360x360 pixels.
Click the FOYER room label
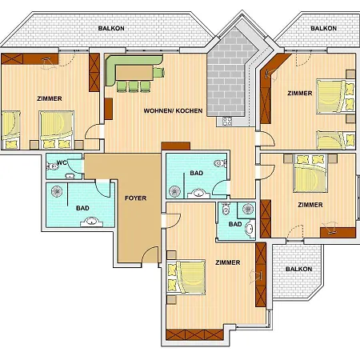[x=135, y=198]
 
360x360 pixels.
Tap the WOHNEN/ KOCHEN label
[x=173, y=110]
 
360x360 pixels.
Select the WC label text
[x=62, y=162]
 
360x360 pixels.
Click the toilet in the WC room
[x=52, y=166]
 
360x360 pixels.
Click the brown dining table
[x=134, y=73]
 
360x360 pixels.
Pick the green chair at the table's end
[x=158, y=73]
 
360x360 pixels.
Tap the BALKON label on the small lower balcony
[x=298, y=269]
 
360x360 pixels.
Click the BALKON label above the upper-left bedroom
[x=111, y=28]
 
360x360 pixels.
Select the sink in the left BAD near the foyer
[x=92, y=222]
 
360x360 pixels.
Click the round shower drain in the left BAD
[x=57, y=191]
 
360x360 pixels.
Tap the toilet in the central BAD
[x=221, y=163]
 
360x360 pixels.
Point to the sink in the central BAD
[x=198, y=193]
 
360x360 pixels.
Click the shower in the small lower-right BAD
[x=246, y=210]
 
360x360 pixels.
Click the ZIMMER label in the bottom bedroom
[x=228, y=262]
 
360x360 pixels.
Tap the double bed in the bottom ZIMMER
[x=186, y=278]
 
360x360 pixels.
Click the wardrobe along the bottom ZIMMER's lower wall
[x=194, y=334]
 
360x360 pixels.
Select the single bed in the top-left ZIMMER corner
[x=11, y=130]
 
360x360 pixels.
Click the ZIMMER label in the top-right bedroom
[x=300, y=94]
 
